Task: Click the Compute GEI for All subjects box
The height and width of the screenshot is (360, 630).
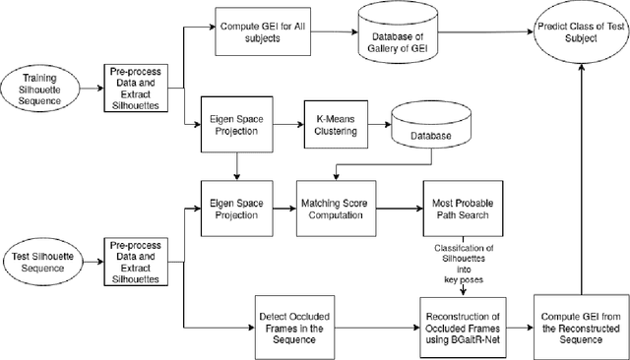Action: (262, 30)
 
